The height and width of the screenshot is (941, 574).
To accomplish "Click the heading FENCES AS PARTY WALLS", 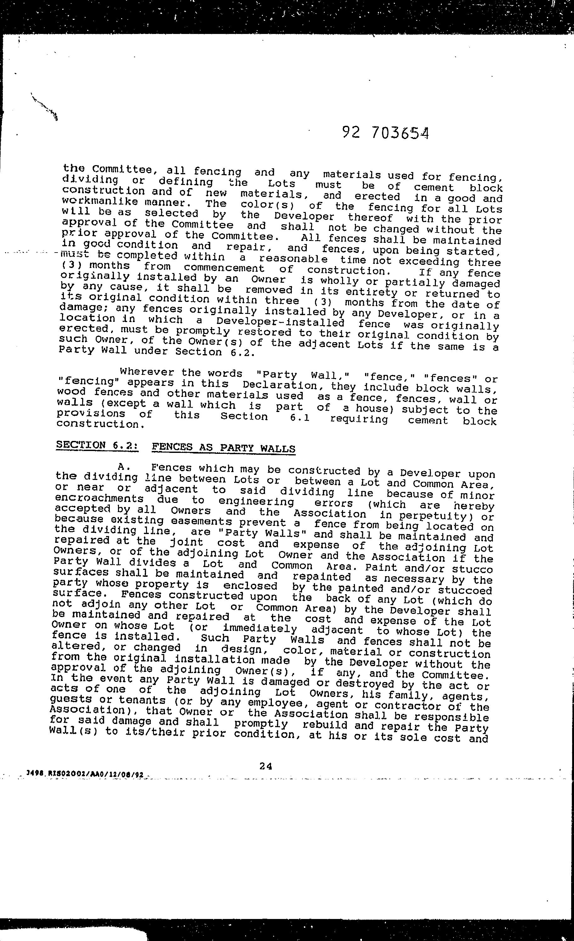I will pos(223,448).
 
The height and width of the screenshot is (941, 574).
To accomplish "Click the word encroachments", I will pos(99,499).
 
